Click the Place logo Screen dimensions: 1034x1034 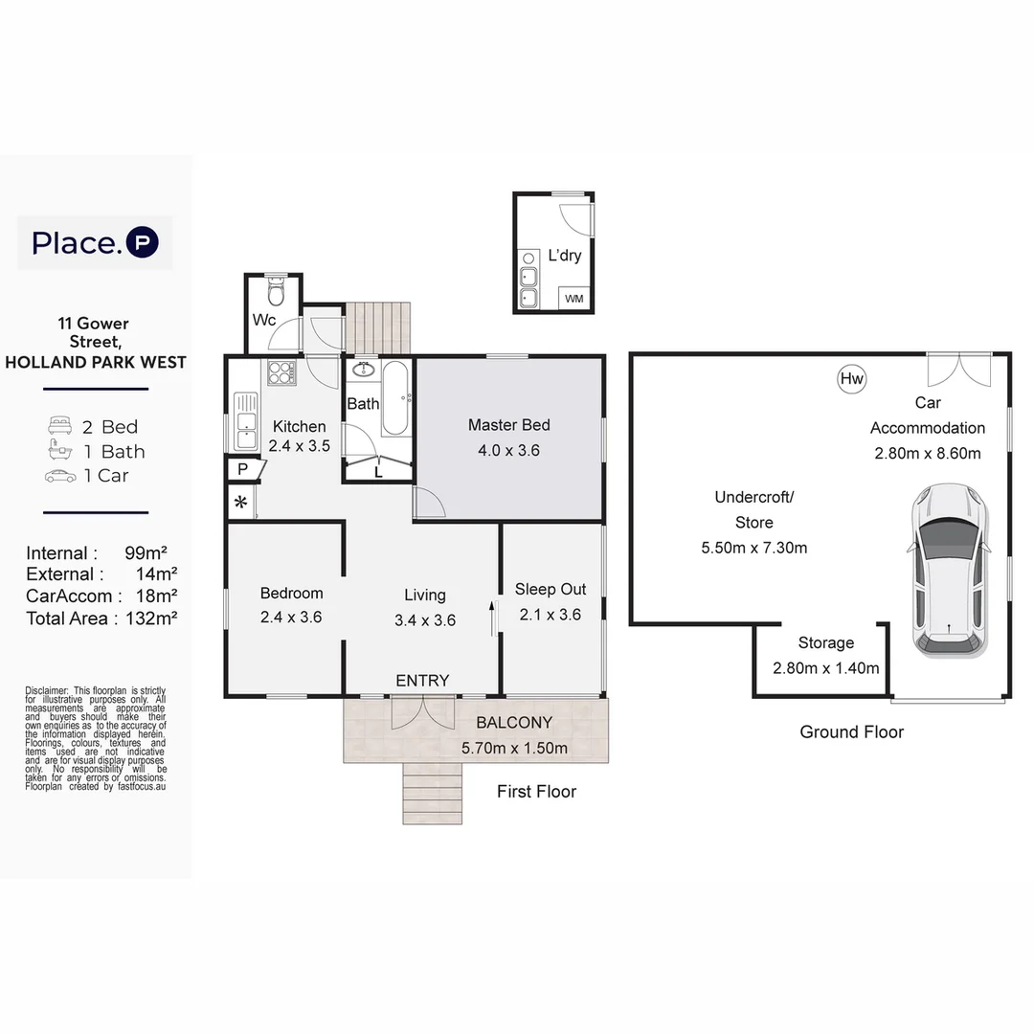95,242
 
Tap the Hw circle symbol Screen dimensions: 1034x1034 851,379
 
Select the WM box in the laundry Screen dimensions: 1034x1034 573,299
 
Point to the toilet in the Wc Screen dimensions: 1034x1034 276,288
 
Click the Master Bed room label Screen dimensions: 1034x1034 508,425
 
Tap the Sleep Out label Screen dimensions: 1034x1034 551,590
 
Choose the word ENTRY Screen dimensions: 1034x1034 422,681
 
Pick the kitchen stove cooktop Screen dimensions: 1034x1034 281,371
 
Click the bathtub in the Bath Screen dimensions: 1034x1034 395,398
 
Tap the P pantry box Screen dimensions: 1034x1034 242,469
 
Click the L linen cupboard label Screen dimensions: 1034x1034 378,471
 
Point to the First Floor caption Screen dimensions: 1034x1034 536,792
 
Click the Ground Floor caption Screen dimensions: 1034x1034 851,732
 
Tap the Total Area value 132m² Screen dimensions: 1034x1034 151,618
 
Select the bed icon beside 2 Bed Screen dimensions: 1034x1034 59,427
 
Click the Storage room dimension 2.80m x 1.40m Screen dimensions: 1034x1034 825,668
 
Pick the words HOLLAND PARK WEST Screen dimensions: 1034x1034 96,362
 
